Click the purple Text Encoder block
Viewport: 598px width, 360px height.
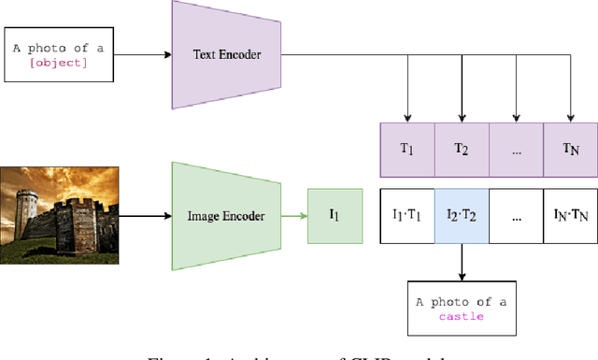(x=227, y=54)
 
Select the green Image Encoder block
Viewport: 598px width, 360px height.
(x=227, y=216)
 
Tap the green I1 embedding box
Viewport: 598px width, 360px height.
(x=335, y=216)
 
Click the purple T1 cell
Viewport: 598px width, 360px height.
(x=406, y=150)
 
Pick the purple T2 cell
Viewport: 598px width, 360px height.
(x=462, y=150)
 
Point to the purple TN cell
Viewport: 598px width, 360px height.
(x=571, y=150)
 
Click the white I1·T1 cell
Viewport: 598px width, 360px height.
(x=406, y=216)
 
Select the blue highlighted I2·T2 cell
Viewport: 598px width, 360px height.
(x=462, y=216)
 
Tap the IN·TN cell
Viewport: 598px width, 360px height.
(x=571, y=216)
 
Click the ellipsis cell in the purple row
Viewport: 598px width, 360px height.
(x=516, y=150)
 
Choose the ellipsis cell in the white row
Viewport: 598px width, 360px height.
(x=516, y=216)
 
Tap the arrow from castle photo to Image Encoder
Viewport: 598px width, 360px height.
(x=145, y=216)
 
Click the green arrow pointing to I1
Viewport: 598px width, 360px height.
(x=294, y=216)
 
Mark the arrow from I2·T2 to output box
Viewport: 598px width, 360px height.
(x=462, y=261)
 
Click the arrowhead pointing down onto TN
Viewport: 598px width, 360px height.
(x=571, y=118)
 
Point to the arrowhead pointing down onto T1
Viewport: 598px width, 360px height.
(x=407, y=118)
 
